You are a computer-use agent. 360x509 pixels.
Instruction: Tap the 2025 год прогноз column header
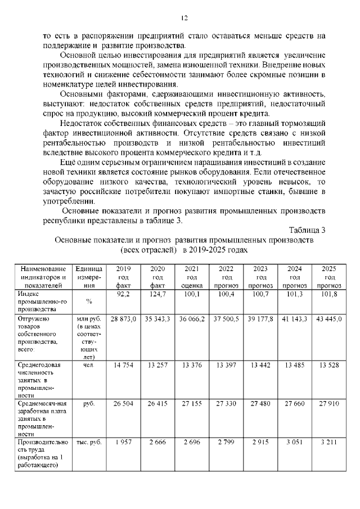point(330,277)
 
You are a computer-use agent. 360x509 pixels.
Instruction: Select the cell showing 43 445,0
point(330,319)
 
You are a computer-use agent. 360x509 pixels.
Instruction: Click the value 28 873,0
point(124,319)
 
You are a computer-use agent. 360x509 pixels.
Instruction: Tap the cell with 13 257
point(158,364)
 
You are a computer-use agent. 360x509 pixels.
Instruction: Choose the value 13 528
point(330,364)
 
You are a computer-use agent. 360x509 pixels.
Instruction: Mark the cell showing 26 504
point(124,403)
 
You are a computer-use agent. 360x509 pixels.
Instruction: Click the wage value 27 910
point(330,403)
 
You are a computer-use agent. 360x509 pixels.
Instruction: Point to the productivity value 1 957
point(124,443)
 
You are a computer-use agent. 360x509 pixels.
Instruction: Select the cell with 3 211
point(330,443)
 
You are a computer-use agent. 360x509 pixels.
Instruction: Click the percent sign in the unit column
point(89,302)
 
